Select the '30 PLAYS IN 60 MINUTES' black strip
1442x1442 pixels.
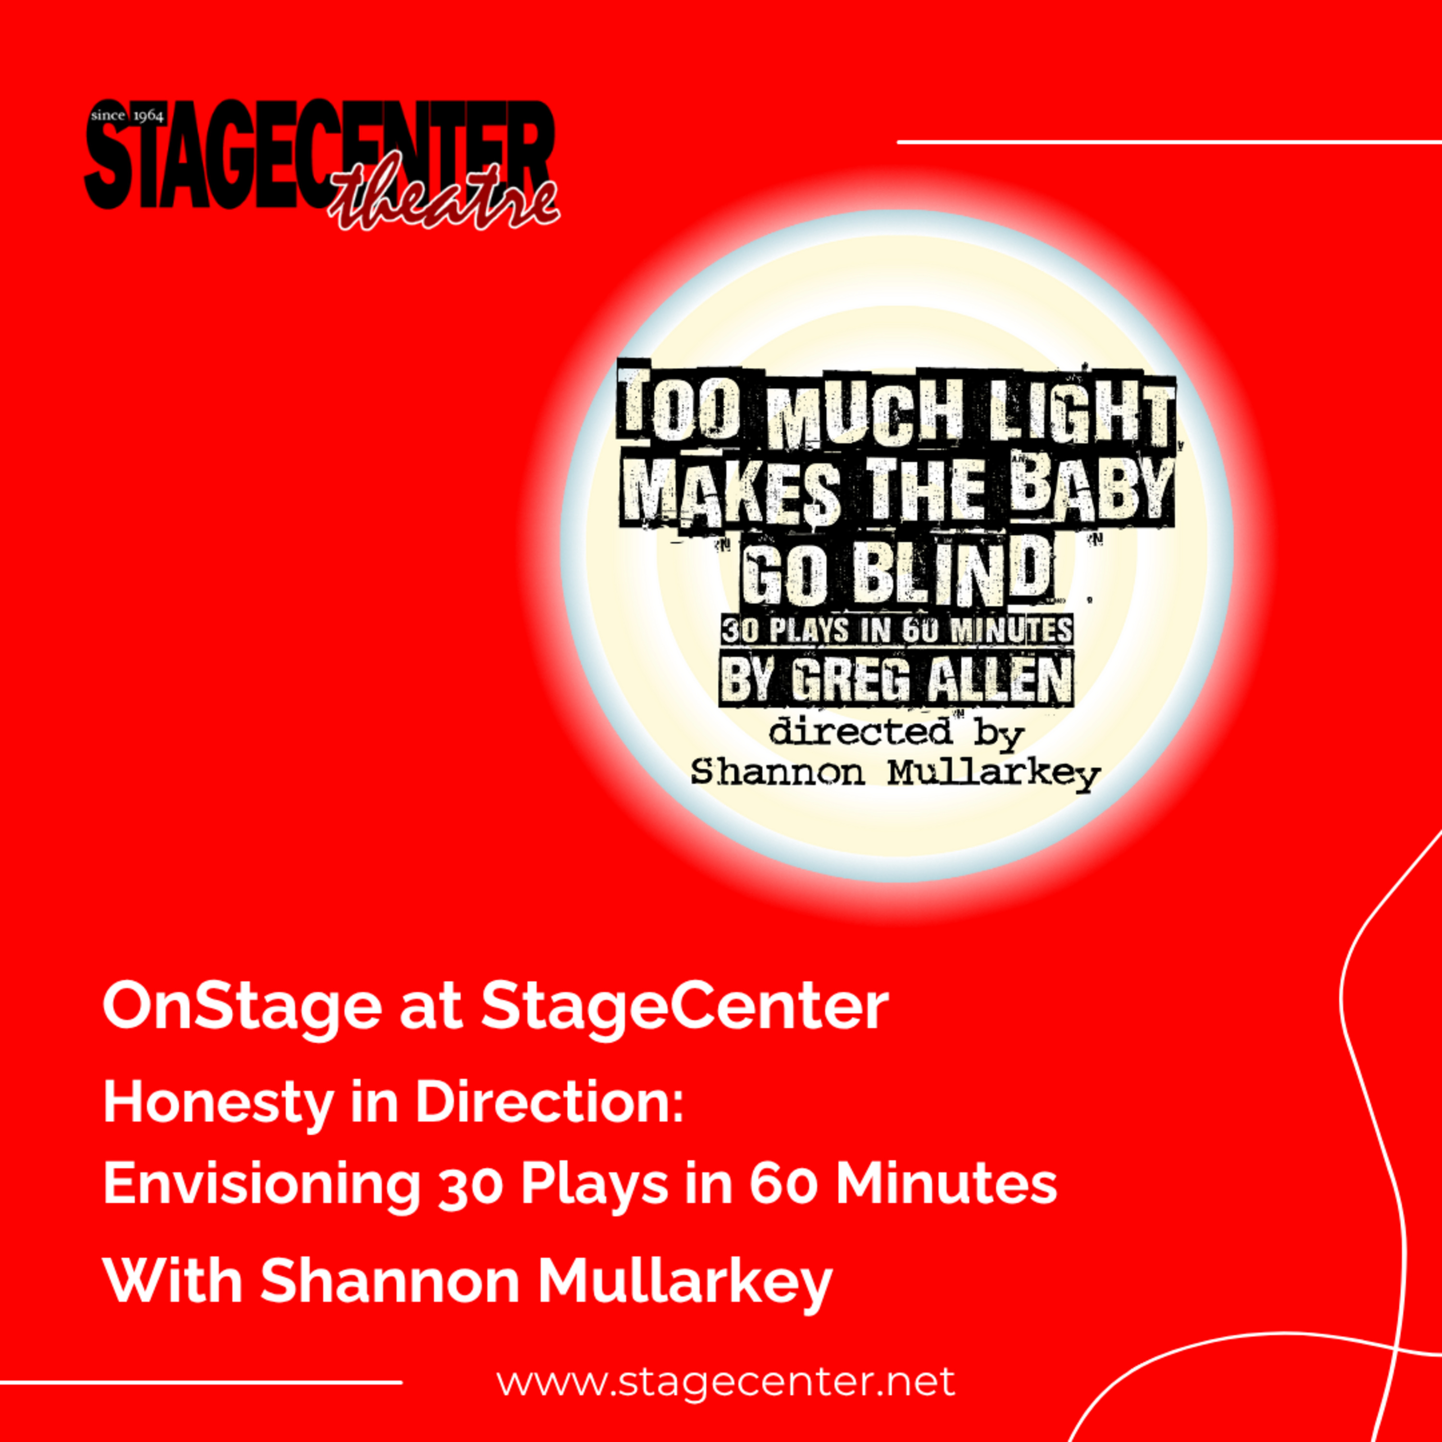pos(895,631)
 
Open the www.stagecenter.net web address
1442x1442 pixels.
pos(725,1381)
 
